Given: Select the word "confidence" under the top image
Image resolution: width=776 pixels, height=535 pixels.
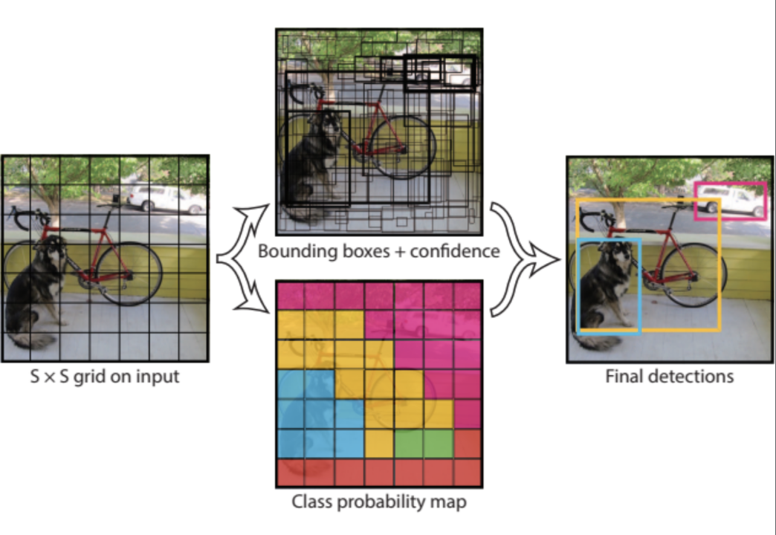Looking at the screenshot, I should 458,251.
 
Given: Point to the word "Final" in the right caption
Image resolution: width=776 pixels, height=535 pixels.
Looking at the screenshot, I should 623,376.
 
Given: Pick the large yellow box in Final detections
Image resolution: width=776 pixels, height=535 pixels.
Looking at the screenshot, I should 720,267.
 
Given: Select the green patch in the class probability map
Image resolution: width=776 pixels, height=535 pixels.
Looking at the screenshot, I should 424,444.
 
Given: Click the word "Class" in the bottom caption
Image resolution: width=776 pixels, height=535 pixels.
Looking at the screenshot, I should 313,502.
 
